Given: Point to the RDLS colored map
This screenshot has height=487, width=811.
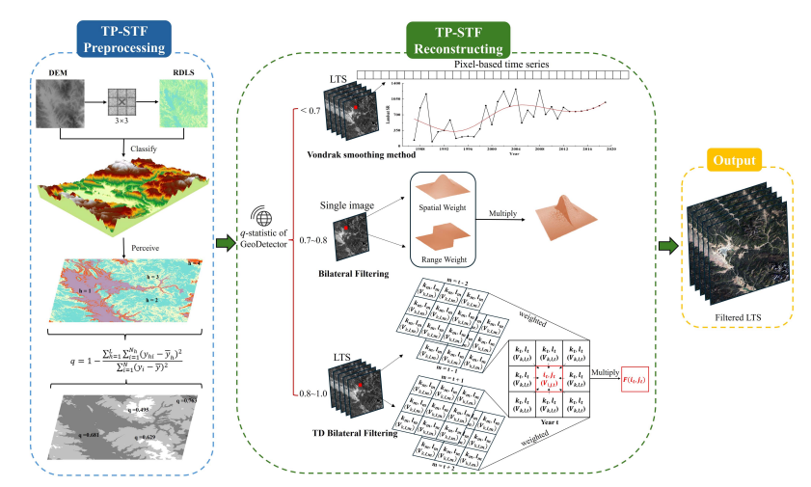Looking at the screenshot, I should click(183, 104).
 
